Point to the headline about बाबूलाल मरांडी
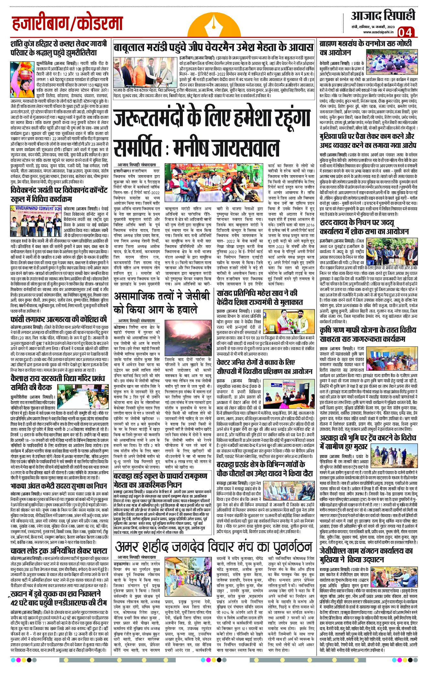click(213, 47)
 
